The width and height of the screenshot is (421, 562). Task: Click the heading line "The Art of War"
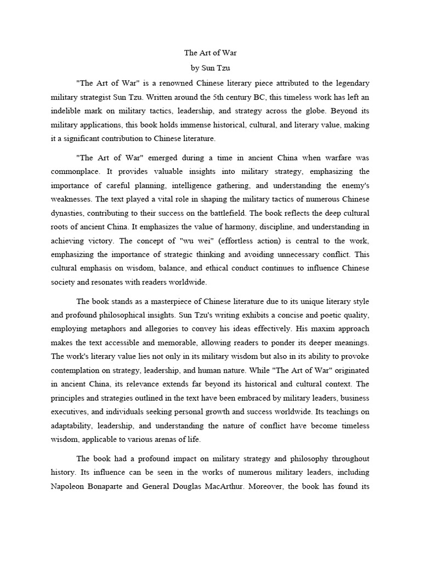click(x=210, y=53)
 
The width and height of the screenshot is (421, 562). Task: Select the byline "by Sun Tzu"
click(x=210, y=68)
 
